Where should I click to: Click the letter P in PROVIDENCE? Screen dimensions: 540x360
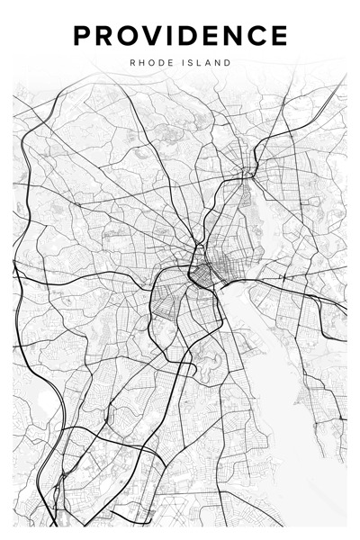coord(83,36)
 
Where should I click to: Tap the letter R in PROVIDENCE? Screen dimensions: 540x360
coord(105,36)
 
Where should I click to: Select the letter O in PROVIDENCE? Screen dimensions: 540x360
coord(130,36)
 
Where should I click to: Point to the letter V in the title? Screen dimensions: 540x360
coord(156,36)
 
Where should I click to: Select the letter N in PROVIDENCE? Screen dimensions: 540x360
coord(234,36)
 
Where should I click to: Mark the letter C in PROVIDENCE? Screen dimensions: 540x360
coord(258,36)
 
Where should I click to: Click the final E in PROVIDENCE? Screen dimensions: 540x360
coord(280,36)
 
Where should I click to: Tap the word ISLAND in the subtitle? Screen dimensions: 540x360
coord(207,63)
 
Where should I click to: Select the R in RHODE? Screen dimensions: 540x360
coord(133,63)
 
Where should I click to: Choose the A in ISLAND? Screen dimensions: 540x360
coord(210,63)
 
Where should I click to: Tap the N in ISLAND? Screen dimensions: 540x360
coord(220,63)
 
